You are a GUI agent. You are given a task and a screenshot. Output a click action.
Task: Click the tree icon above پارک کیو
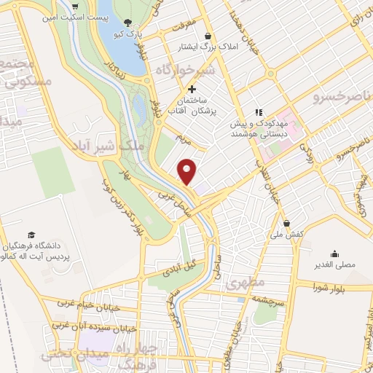tap(128, 23)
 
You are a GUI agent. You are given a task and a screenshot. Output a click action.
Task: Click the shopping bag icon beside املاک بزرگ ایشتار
tap(208, 36)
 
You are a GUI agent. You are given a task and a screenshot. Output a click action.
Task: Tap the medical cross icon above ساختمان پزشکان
tap(192, 89)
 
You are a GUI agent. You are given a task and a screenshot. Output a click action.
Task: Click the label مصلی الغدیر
tap(335, 264)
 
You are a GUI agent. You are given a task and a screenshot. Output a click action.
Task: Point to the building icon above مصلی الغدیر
tap(334, 254)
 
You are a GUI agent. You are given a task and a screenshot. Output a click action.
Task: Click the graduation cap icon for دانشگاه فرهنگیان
tap(31, 234)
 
